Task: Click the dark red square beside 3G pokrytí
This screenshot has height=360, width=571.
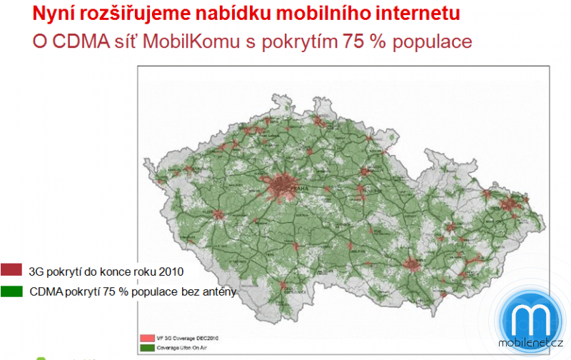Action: tap(12, 271)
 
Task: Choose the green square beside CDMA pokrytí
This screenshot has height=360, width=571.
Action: tap(12, 291)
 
